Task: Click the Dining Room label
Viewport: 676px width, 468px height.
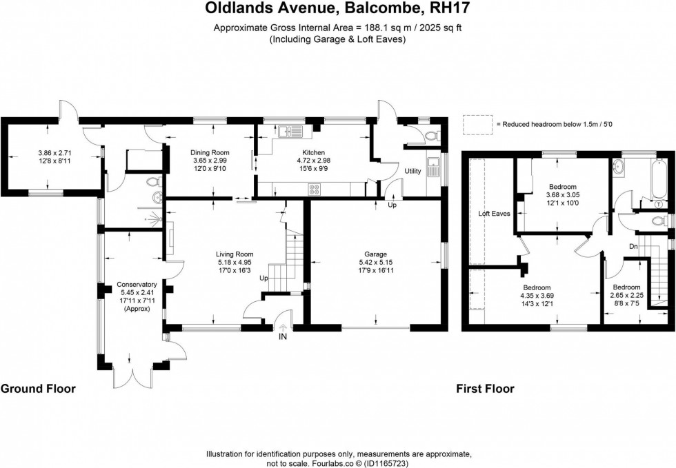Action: pyautogui.click(x=211, y=152)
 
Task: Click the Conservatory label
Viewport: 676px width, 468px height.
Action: pyautogui.click(x=137, y=285)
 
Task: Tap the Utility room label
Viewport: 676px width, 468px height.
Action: pyautogui.click(x=412, y=170)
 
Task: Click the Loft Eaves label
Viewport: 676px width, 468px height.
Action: pyautogui.click(x=495, y=214)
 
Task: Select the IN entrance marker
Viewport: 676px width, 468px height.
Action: pyautogui.click(x=282, y=338)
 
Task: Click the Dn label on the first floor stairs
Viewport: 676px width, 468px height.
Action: pyautogui.click(x=633, y=245)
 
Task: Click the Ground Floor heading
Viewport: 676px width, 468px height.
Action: pyautogui.click(x=38, y=389)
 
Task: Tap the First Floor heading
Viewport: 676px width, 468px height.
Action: pyautogui.click(x=485, y=389)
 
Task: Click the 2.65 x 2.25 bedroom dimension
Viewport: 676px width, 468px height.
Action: pyautogui.click(x=626, y=296)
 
